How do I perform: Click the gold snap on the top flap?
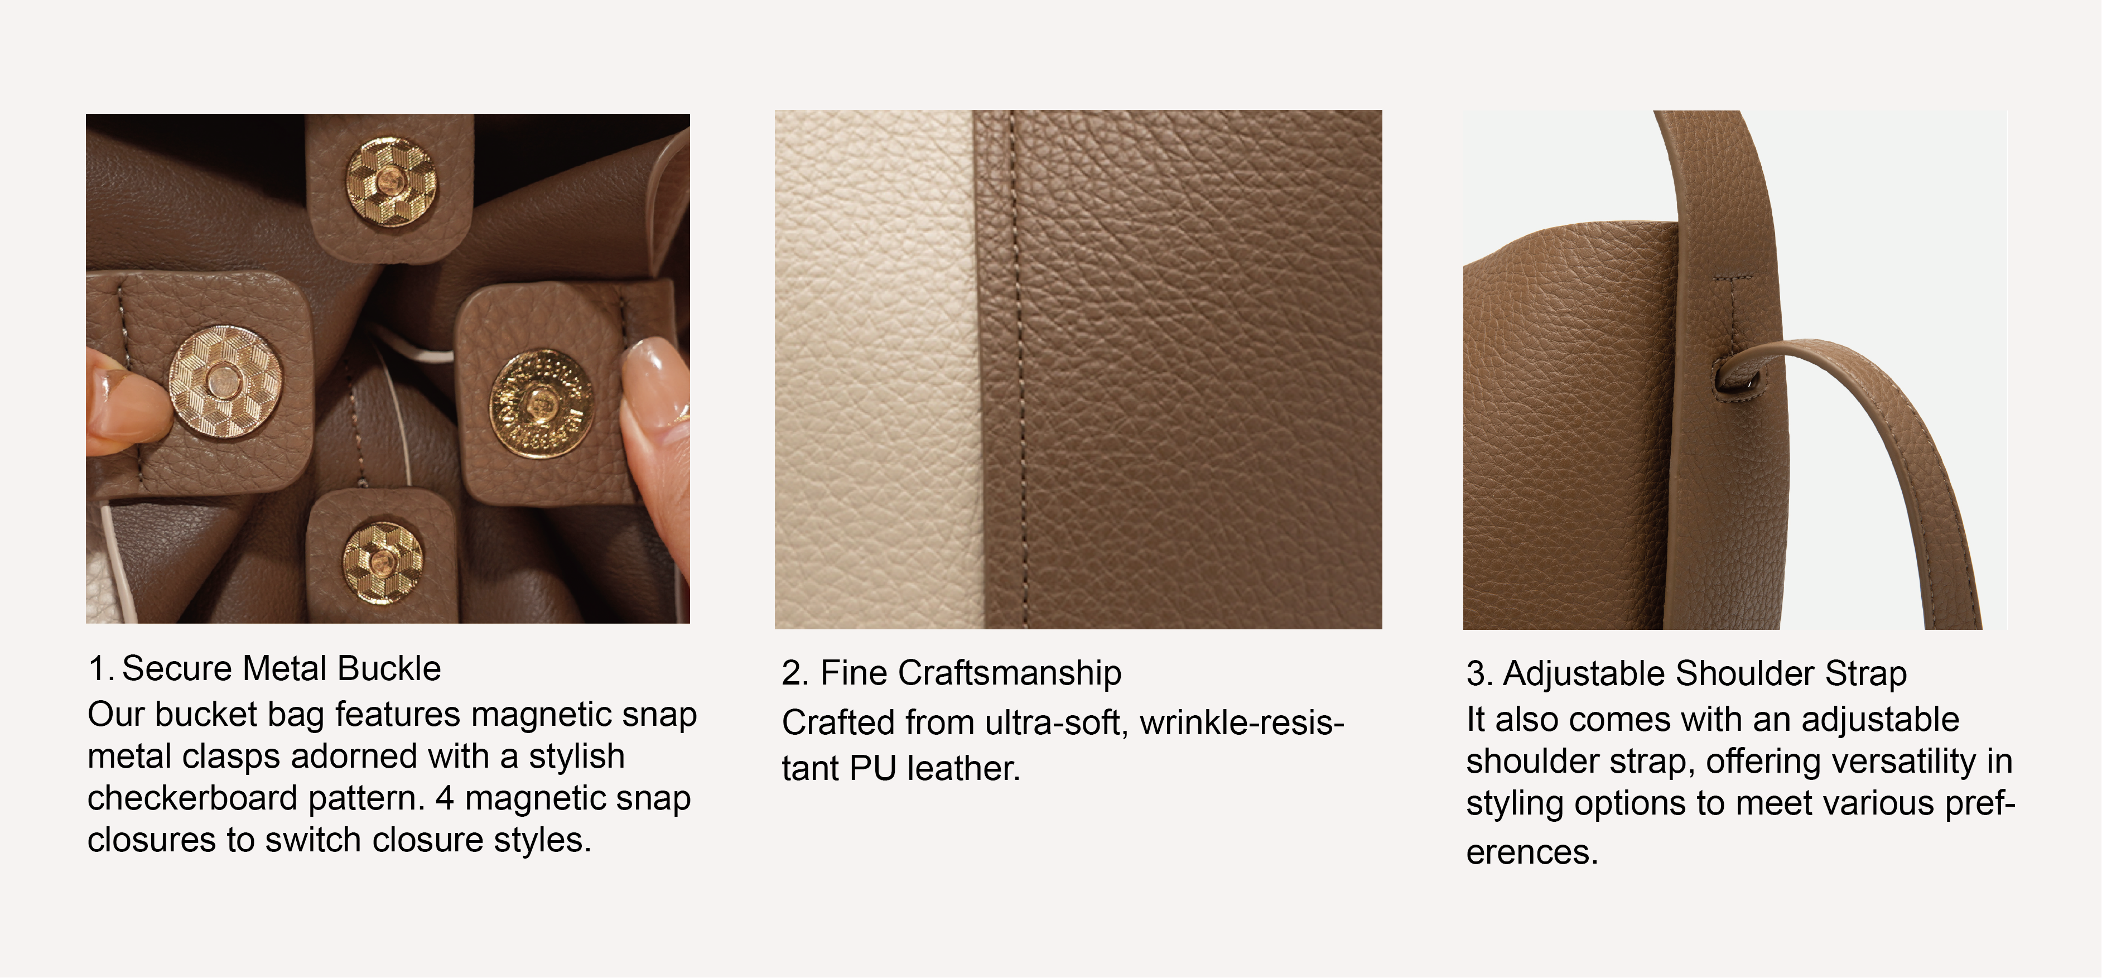point(391,182)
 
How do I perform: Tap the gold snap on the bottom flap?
point(383,562)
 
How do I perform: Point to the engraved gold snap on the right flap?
point(540,403)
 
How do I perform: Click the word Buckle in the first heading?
point(389,668)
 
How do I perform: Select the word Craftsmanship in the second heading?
point(1009,673)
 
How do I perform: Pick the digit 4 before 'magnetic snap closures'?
point(445,798)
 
